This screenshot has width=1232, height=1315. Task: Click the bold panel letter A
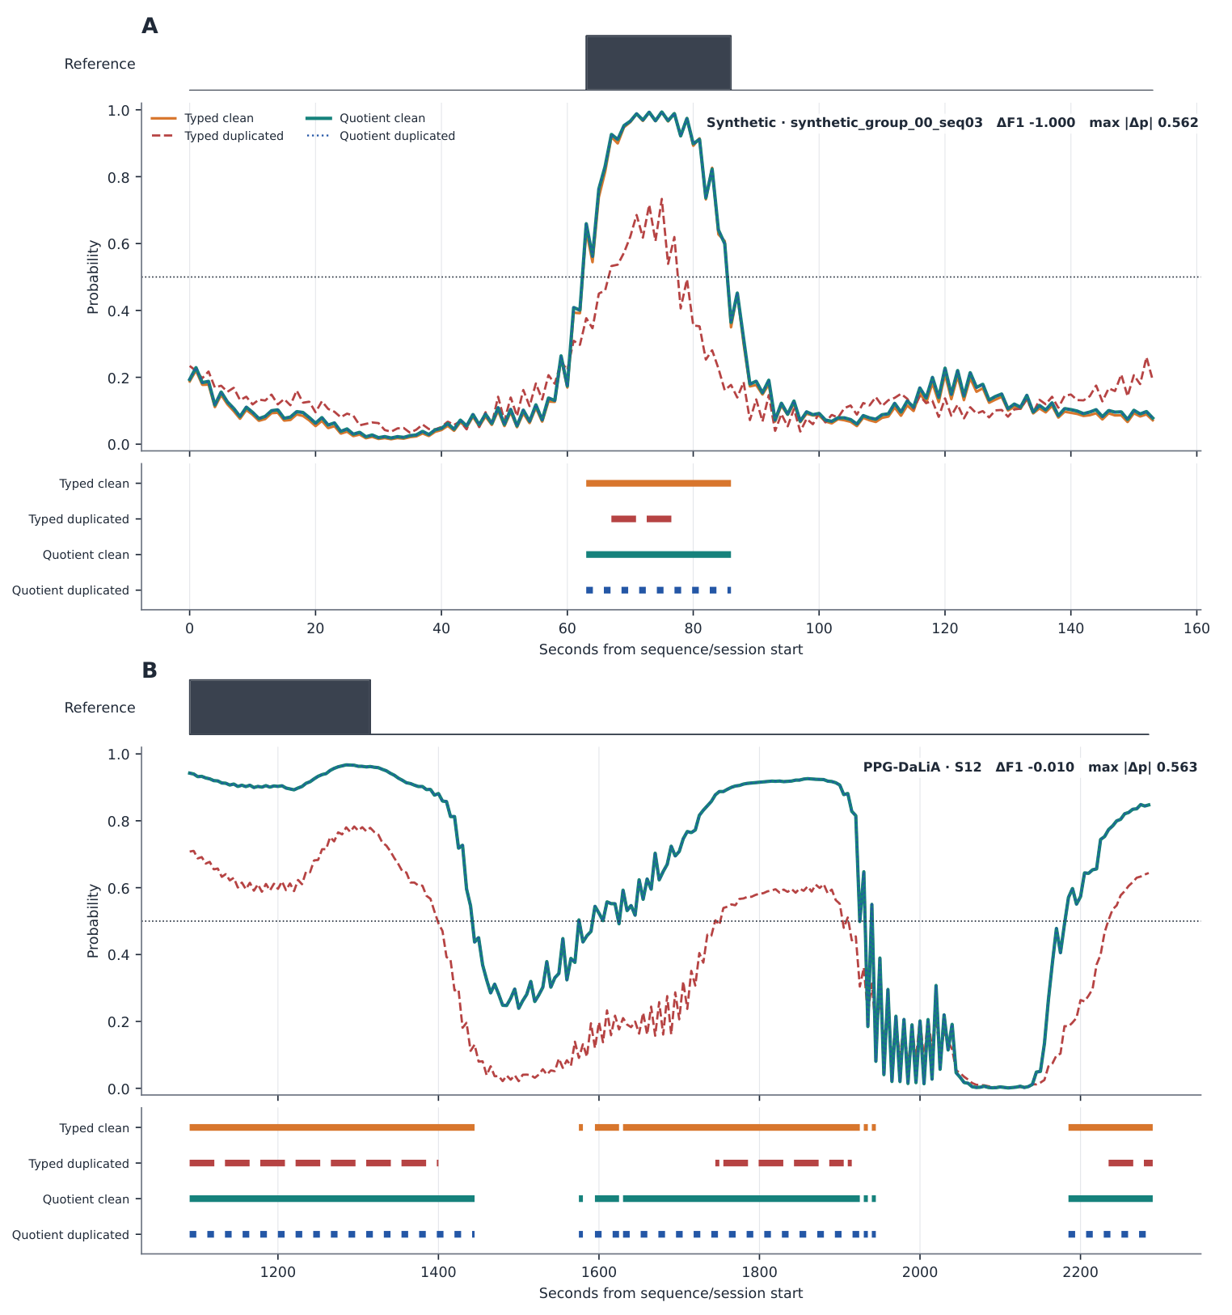[150, 26]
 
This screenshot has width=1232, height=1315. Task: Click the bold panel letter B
[150, 670]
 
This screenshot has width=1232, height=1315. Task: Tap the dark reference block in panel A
[658, 62]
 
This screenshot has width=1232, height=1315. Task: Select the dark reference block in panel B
[280, 707]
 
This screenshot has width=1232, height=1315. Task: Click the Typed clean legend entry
[202, 118]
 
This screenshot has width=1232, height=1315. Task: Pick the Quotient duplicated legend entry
[380, 136]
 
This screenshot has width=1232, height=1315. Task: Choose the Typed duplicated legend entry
[217, 136]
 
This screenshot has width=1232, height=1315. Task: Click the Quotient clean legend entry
[365, 118]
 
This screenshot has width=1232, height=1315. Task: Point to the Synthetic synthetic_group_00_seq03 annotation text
[845, 123]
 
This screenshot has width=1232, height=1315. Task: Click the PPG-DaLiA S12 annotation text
[922, 767]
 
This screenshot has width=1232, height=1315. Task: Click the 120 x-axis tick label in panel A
[945, 628]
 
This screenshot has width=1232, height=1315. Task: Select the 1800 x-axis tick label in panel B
[759, 1272]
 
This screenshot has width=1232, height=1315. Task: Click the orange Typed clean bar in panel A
[658, 484]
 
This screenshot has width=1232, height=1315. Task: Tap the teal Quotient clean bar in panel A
[658, 555]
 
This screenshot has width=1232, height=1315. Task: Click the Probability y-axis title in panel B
[93, 920]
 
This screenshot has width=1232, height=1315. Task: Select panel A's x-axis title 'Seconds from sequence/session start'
[671, 649]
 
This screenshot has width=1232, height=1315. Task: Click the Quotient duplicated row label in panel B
[70, 1235]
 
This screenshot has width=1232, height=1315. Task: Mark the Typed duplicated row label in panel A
[78, 519]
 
